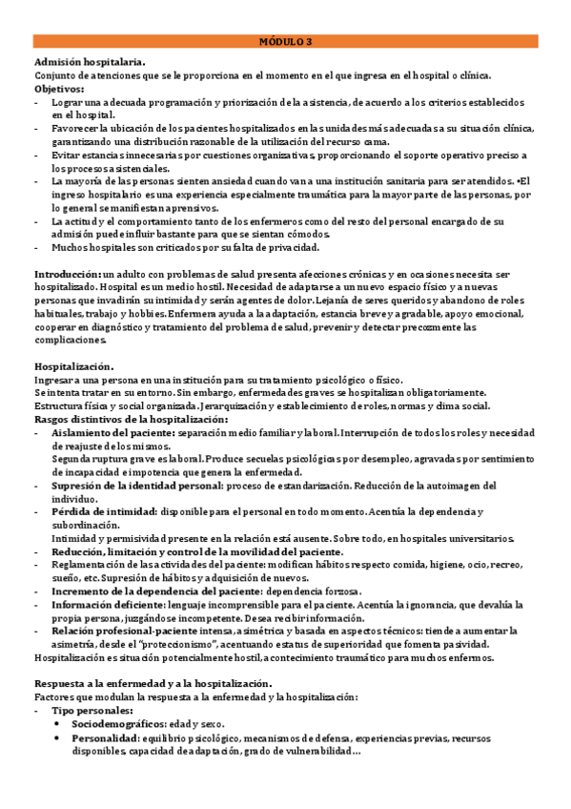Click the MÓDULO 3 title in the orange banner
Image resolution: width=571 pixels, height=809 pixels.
click(286, 42)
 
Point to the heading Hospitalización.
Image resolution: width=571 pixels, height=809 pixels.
click(74, 366)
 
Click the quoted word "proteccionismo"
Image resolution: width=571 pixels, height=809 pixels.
click(240, 644)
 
